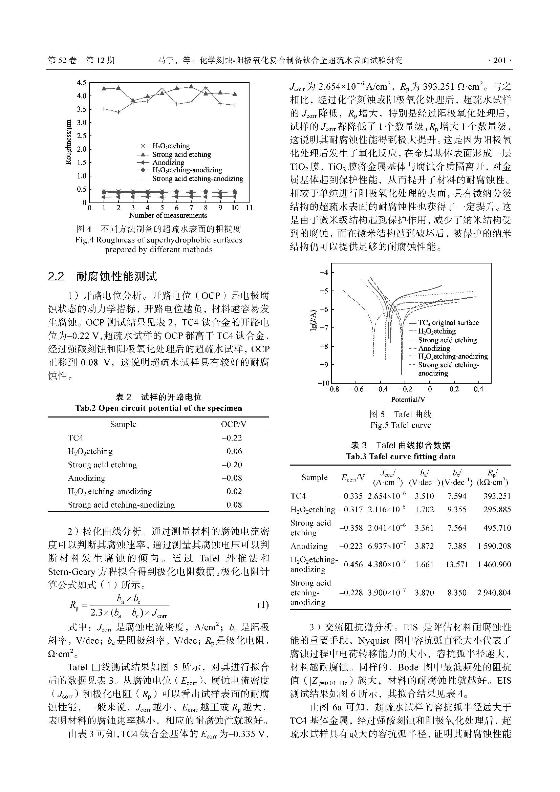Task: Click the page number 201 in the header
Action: [x=499, y=61]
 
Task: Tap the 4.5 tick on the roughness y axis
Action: [x=82, y=83]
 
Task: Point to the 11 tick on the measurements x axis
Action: [x=249, y=208]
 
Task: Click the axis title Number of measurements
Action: [x=168, y=215]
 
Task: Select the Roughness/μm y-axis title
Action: [x=69, y=142]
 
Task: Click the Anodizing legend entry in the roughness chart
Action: [x=168, y=163]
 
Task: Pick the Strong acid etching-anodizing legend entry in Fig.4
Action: [x=198, y=179]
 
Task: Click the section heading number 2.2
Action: [x=56, y=276]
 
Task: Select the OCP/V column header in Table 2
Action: [x=234, y=424]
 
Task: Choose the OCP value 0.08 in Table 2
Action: [x=234, y=505]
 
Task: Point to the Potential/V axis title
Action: [x=408, y=400]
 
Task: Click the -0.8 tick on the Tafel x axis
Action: [x=332, y=389]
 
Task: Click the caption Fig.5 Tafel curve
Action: [x=400, y=425]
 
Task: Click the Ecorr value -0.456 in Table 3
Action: [x=351, y=564]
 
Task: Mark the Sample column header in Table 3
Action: [x=314, y=477]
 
